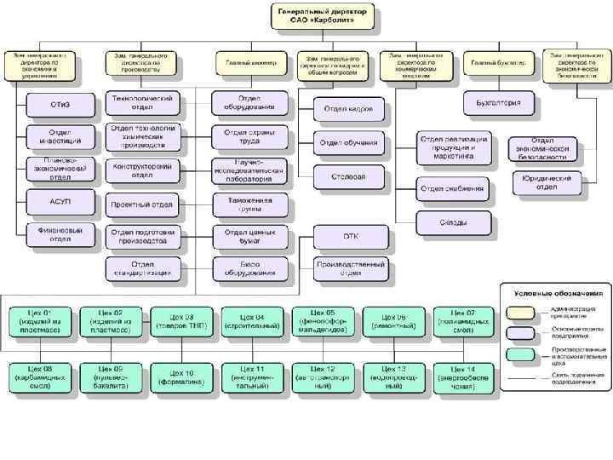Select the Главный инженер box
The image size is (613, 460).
245,63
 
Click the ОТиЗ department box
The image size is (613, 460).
60,105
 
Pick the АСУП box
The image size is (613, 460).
60,202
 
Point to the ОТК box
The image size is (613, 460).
351,236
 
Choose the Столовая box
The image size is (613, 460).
349,176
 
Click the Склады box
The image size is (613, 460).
452,222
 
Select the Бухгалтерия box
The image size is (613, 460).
503,104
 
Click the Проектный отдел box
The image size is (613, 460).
144,204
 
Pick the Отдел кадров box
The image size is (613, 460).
349,110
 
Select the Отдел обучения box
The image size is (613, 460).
349,142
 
